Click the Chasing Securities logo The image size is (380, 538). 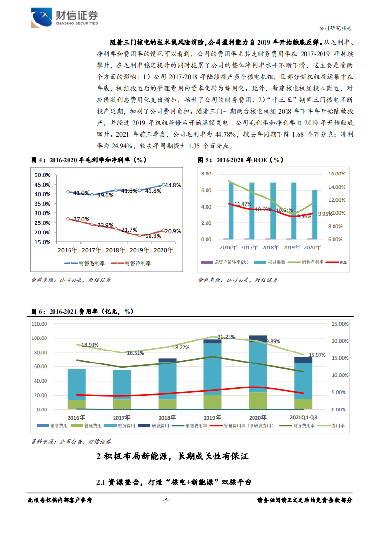click(x=65, y=18)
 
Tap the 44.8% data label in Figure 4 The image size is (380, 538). click(x=173, y=186)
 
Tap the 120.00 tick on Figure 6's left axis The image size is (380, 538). click(x=39, y=324)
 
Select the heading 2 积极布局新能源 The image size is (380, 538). click(x=173, y=456)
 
